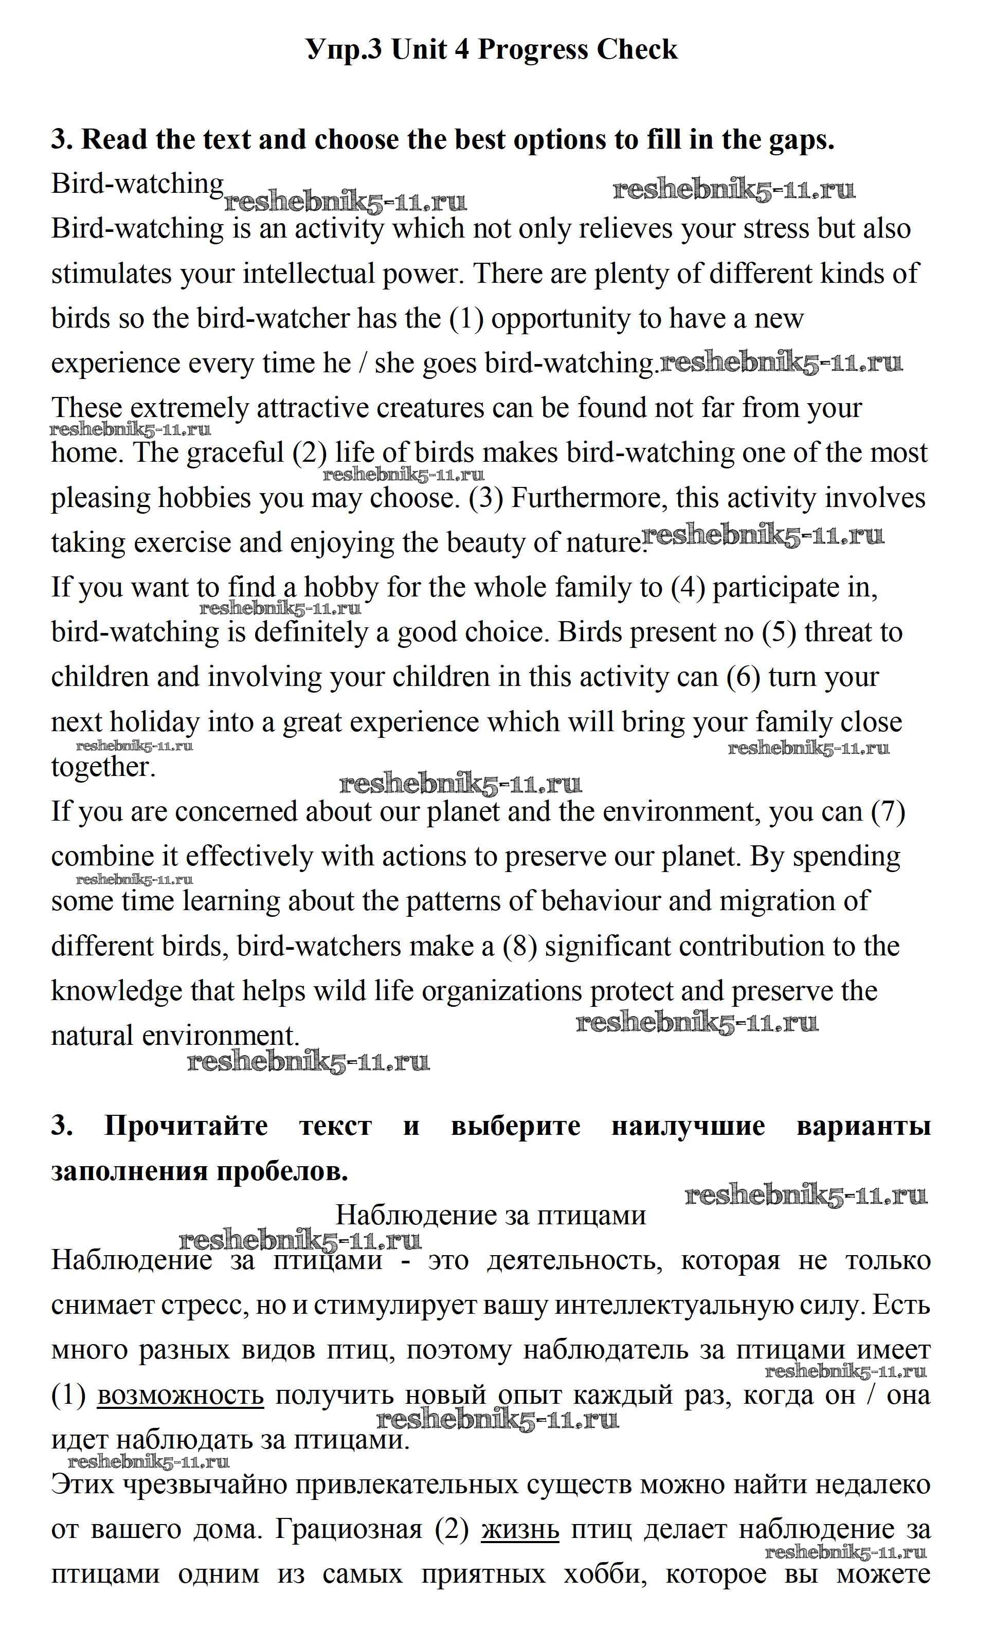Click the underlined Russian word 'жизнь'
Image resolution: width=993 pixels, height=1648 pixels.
[519, 1529]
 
